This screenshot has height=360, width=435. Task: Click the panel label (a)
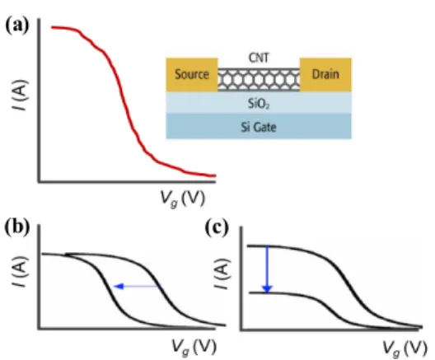[17, 26]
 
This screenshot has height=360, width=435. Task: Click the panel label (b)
[17, 227]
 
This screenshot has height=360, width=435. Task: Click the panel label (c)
[217, 227]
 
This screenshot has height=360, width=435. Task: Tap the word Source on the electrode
[192, 74]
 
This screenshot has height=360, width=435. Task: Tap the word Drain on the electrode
[325, 74]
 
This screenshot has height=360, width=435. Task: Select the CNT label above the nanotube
[259, 58]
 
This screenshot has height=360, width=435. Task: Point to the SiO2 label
[259, 104]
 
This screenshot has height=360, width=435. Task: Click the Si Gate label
[259, 128]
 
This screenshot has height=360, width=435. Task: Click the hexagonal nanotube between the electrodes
[259, 80]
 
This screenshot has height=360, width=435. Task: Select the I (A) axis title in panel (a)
[21, 95]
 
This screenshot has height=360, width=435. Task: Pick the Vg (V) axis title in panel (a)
[183, 199]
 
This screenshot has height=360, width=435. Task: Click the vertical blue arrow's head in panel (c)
[267, 289]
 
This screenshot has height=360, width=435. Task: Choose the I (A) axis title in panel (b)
[21, 273]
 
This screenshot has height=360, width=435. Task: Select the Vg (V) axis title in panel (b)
[194, 347]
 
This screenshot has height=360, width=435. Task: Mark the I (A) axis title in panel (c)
[223, 274]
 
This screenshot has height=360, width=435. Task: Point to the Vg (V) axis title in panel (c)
[405, 348]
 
